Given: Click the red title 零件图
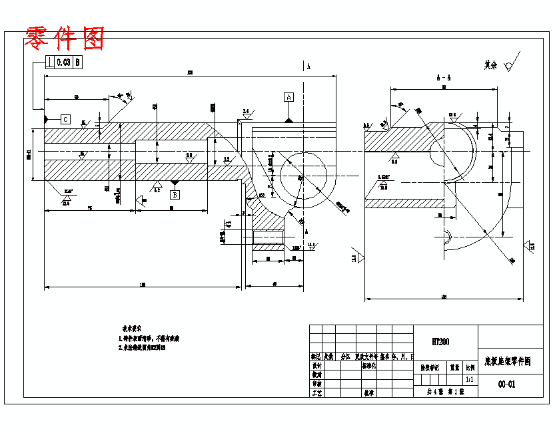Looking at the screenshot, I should pos(65,38).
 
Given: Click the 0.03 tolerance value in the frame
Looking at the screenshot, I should pos(63,63).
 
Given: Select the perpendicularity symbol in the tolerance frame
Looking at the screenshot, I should pos(50,63).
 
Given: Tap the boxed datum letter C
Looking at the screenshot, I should pos(65,120).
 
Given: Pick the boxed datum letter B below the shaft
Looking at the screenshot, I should pos(175,195).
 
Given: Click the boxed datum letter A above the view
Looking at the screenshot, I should pos(288,97).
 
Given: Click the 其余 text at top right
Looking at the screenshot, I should pos(491,65).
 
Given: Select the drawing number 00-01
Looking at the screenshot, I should pos(507,384).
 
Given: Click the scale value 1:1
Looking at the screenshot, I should pos(470,379).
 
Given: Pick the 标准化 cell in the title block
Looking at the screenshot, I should pos(368,366).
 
